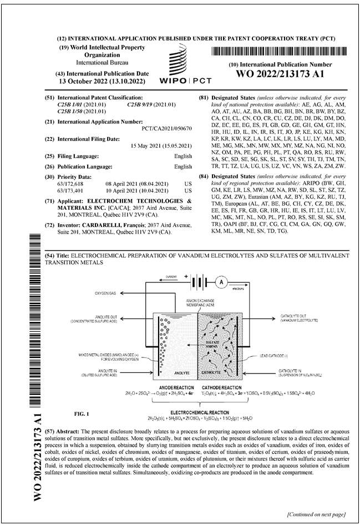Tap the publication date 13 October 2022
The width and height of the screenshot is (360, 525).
[x=105, y=81]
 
